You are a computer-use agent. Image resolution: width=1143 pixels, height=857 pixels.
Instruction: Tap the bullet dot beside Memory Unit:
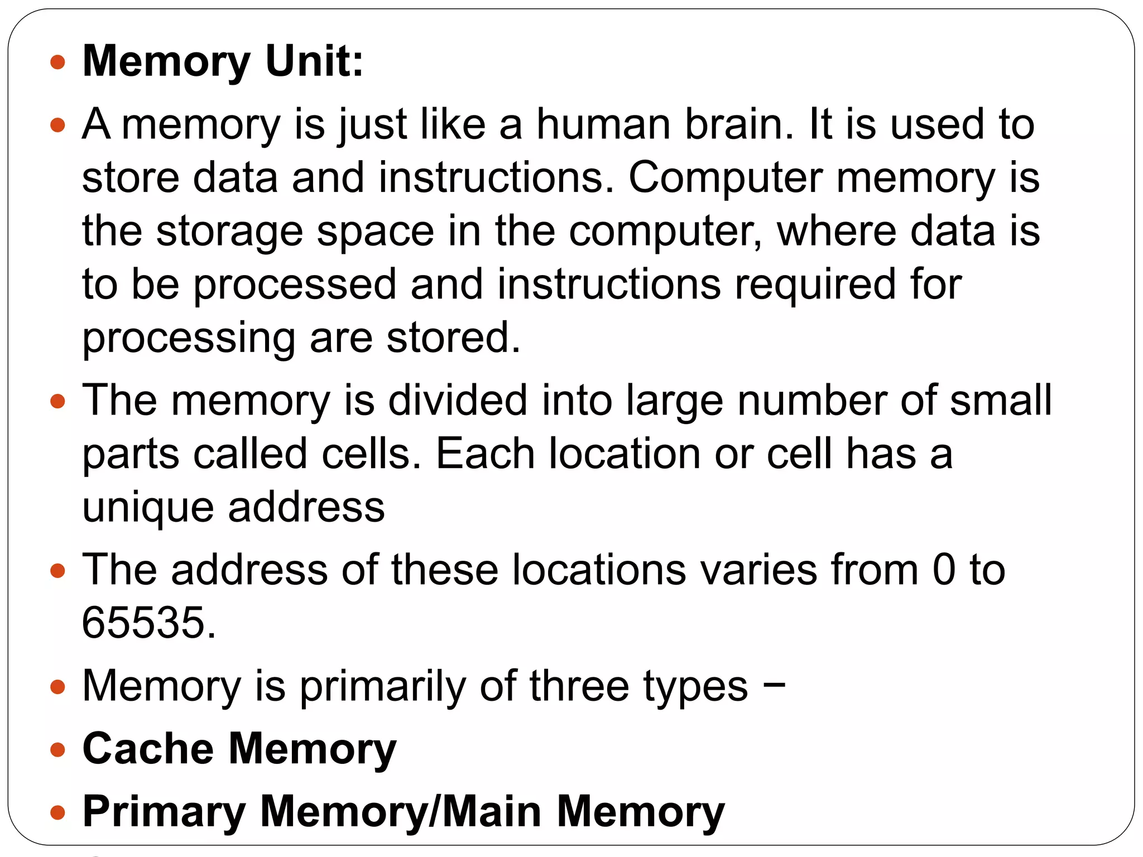(57, 61)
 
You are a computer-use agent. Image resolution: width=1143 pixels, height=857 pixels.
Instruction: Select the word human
(603, 124)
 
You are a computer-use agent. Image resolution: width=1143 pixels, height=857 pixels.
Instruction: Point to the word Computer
(726, 177)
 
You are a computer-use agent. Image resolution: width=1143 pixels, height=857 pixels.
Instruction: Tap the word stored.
(453, 338)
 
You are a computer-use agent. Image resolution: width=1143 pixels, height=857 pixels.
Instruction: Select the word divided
(458, 400)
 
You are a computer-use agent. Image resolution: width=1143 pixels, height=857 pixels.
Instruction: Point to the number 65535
(148, 622)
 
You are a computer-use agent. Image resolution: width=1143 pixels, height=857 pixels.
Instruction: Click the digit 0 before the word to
(944, 570)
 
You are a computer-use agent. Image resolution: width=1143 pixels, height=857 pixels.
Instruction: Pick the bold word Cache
(148, 748)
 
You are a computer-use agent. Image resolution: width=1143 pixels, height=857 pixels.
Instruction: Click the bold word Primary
(164, 812)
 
